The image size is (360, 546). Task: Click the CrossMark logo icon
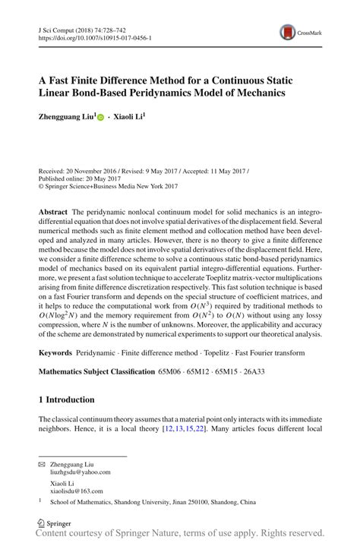(289, 31)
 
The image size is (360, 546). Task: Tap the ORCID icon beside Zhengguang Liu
(102, 118)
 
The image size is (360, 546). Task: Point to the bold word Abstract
(53, 208)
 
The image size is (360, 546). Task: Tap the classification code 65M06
(172, 371)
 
